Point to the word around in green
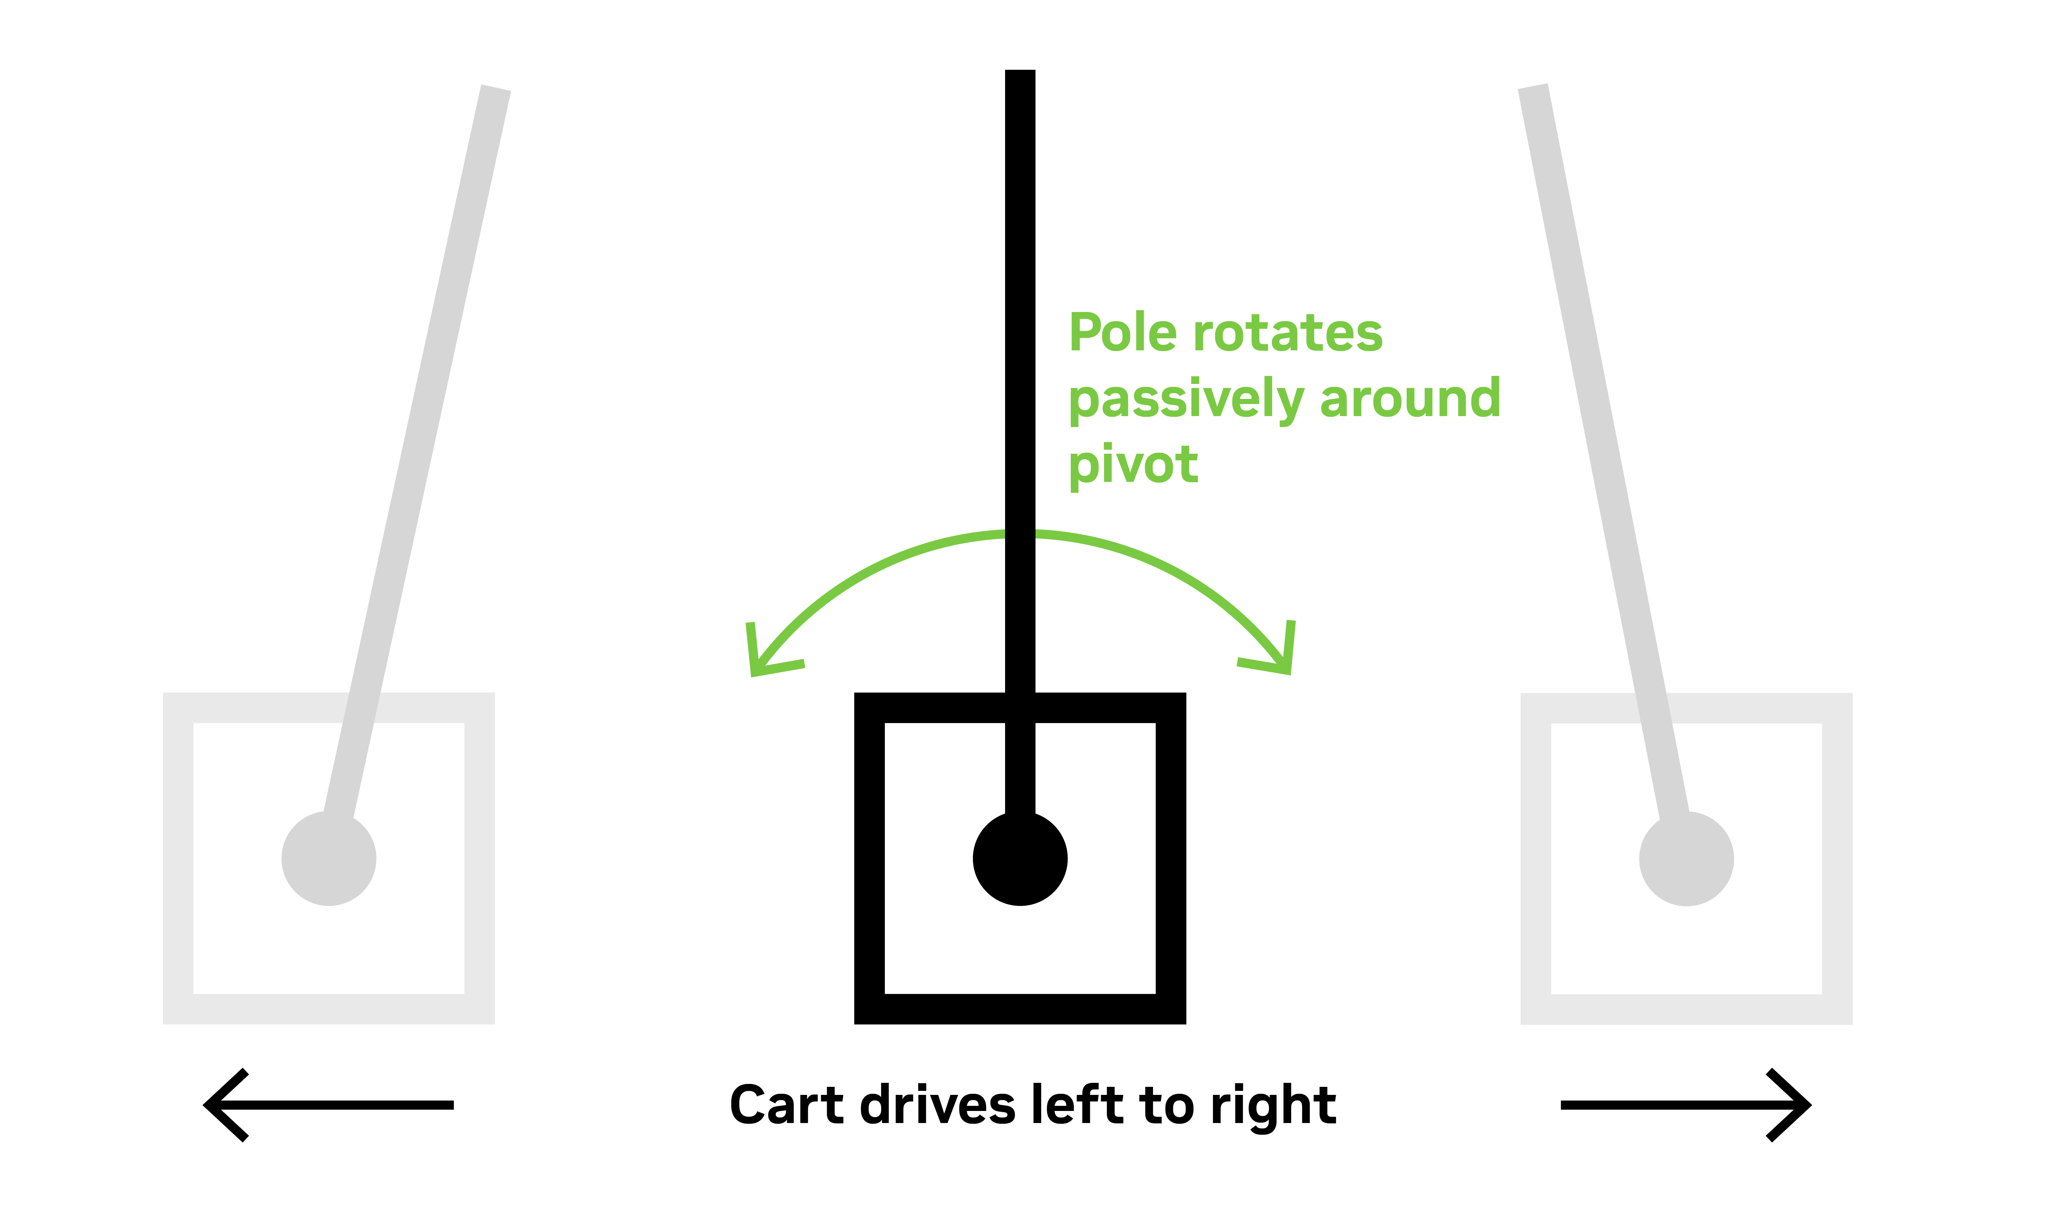click(1410, 399)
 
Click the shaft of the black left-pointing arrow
click(345, 1105)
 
